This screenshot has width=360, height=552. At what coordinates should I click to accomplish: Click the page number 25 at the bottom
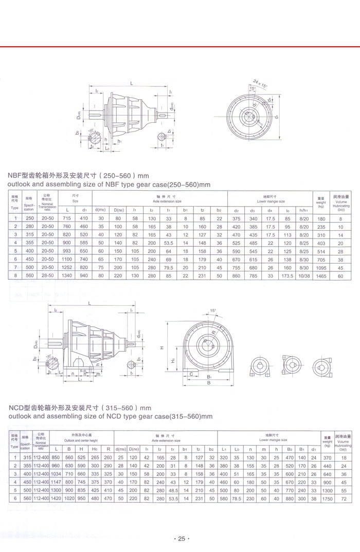pyautogui.click(x=179, y=539)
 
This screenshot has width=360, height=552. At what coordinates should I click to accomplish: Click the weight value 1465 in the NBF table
pyautogui.click(x=321, y=276)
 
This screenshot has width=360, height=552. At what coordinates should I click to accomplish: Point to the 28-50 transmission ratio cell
pyautogui.click(x=47, y=276)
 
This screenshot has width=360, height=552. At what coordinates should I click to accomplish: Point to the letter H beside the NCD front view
pyautogui.click(x=161, y=348)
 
